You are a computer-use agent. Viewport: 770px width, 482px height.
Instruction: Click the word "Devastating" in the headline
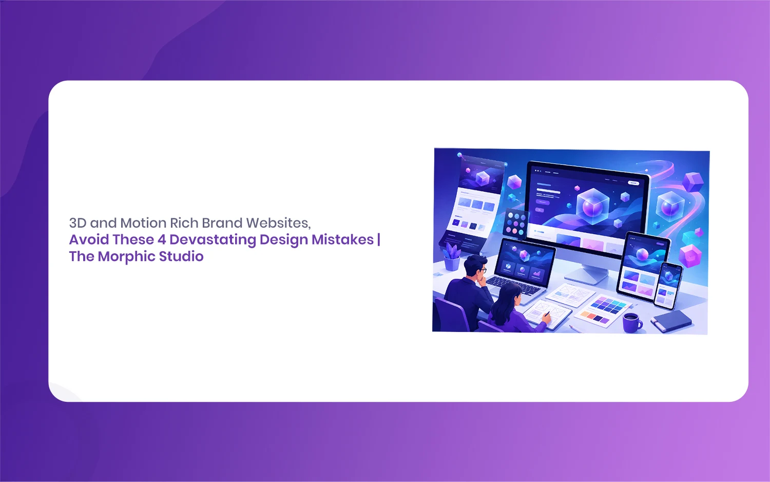click(x=213, y=239)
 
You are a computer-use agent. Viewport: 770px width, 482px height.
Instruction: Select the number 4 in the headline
click(x=162, y=239)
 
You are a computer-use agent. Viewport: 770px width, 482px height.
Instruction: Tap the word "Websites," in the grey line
click(x=278, y=223)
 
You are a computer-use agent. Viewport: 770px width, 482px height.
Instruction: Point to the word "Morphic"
click(x=126, y=256)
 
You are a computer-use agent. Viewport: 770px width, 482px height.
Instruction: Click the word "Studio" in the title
click(x=181, y=256)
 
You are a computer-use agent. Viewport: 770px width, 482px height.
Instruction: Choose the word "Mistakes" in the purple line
click(x=343, y=239)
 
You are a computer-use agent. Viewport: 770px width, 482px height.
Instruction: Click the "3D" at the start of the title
click(x=78, y=223)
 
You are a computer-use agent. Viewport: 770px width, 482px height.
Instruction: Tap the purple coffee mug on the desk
click(x=632, y=322)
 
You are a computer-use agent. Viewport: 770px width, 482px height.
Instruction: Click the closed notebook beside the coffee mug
click(x=671, y=321)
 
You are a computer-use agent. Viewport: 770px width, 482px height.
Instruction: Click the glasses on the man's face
click(x=483, y=270)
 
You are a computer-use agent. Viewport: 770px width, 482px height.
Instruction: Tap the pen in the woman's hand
click(x=547, y=314)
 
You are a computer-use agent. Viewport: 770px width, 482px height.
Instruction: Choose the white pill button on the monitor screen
click(x=633, y=183)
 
